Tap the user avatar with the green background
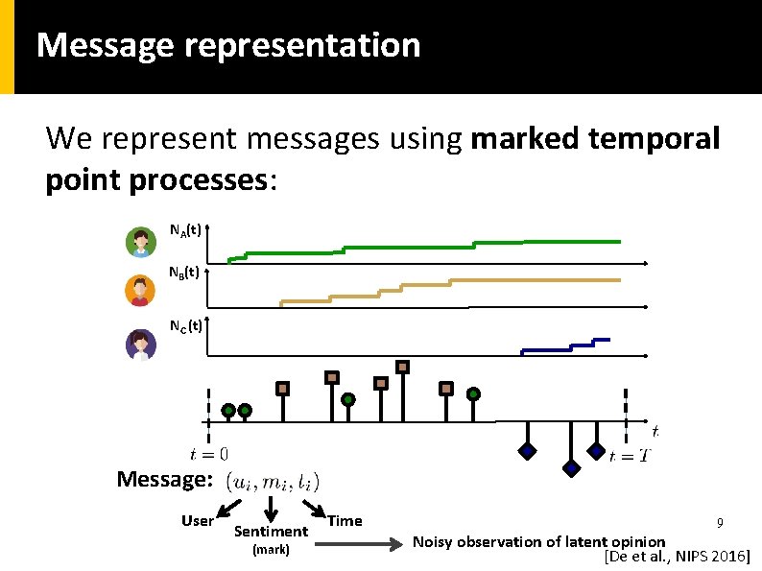pos(140,242)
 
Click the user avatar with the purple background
pos(140,344)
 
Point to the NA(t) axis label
pos(185,230)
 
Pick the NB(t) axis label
pos(183,272)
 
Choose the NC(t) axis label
pos(185,325)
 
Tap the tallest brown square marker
pos(403,366)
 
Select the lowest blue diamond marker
pos(571,468)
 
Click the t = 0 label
pos(209,454)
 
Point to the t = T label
pos(629,456)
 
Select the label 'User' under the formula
pos(198,521)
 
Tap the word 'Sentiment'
pos(271,531)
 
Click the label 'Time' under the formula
pos(345,521)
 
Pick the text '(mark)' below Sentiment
pos(270,550)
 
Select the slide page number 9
pos(718,523)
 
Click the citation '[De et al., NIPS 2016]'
pos(677,557)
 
